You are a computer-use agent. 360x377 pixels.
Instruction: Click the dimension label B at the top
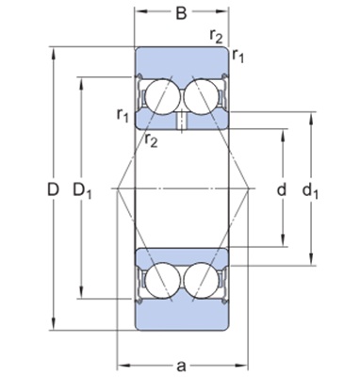[x=181, y=13]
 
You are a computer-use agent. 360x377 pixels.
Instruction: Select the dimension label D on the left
[x=53, y=189]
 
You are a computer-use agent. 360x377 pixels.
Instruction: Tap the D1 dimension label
[x=82, y=190]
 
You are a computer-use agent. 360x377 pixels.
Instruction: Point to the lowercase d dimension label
[x=282, y=189]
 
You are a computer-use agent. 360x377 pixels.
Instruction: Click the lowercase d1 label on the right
[x=310, y=190]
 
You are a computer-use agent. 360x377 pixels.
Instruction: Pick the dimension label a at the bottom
[x=181, y=366]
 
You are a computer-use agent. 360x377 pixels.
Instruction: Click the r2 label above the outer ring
[x=216, y=37]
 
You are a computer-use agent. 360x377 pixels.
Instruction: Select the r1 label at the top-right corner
[x=238, y=56]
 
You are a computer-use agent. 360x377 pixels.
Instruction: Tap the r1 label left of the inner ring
[x=123, y=116]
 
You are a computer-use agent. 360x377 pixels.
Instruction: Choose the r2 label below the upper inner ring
[x=151, y=140]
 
